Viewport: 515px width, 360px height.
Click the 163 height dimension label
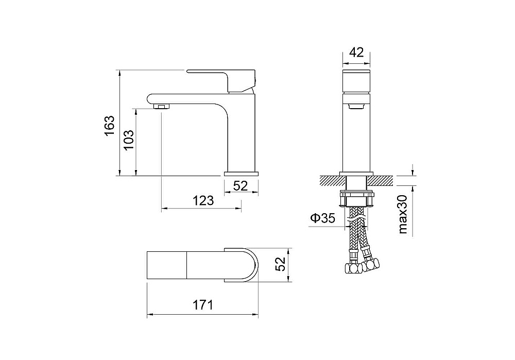coord(109,125)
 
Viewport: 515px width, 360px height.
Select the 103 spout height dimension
coord(129,140)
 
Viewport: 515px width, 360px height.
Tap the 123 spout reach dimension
coord(203,200)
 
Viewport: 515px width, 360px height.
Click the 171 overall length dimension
coord(202,305)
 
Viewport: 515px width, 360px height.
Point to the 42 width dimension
coord(356,52)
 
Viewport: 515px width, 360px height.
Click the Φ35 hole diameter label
coord(323,218)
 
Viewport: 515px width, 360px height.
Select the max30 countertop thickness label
coord(403,214)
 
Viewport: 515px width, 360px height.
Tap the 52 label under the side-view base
coord(241,186)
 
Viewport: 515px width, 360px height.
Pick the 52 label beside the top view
coord(280,264)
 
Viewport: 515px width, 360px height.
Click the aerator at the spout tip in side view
coord(162,107)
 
